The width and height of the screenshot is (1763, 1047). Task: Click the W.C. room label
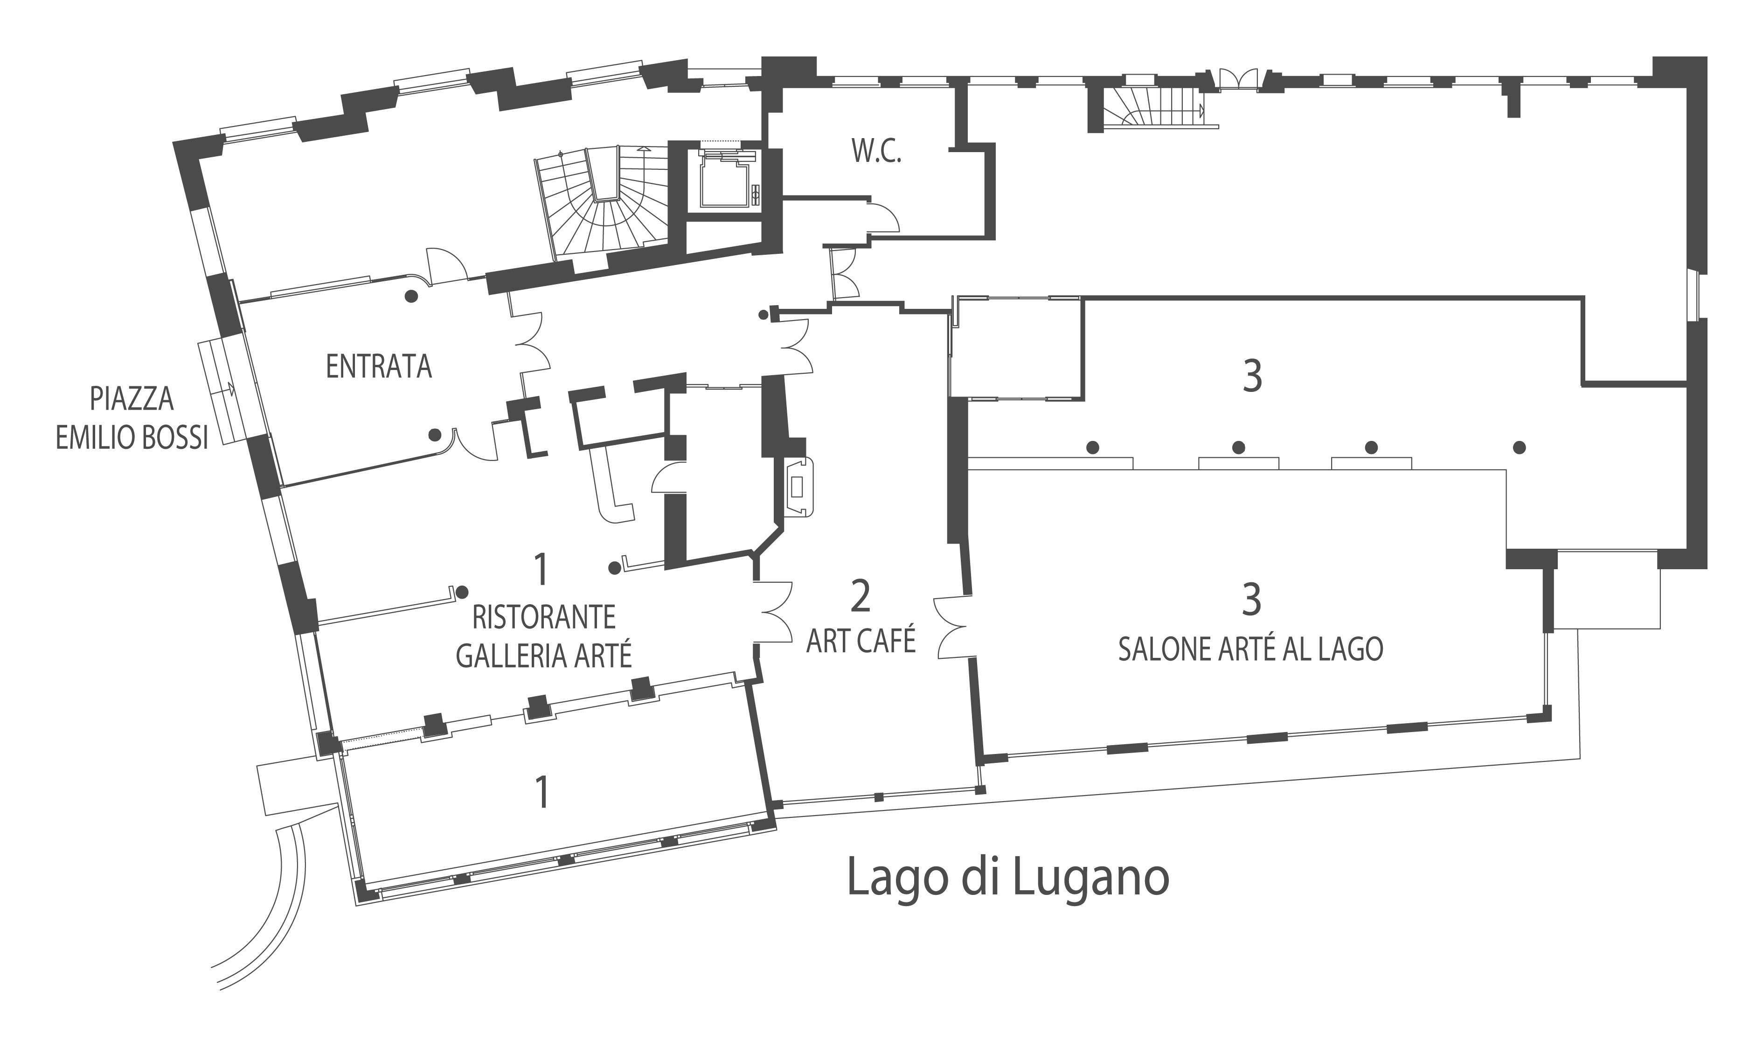click(876, 151)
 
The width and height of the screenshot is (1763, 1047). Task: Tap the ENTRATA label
click(379, 367)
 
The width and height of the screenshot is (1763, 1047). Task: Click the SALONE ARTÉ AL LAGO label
click(1250, 649)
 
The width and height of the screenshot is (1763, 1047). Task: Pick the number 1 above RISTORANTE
click(541, 570)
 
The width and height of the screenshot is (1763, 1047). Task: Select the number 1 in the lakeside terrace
click(541, 792)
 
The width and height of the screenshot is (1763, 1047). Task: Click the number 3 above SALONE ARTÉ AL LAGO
click(1251, 599)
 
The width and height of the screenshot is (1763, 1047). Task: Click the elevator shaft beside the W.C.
click(726, 181)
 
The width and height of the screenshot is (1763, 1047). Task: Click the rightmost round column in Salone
click(1520, 447)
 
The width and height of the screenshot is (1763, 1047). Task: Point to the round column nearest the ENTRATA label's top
click(411, 296)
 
